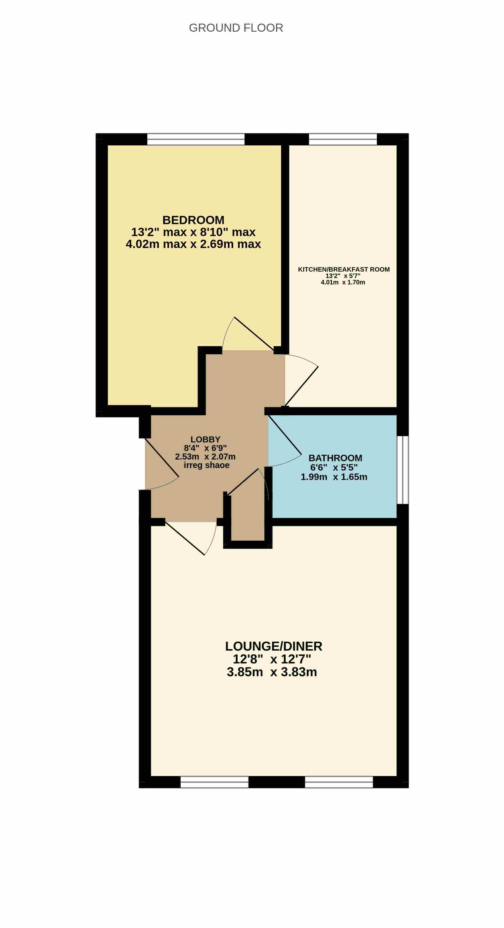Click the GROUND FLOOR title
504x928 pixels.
(236, 28)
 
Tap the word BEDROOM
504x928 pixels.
(193, 220)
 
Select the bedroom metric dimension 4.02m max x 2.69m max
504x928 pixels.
(193, 244)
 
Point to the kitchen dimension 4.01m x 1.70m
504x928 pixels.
(343, 282)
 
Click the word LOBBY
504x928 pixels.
(205, 439)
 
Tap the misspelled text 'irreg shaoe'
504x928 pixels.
(206, 465)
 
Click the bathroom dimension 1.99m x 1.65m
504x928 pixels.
(334, 477)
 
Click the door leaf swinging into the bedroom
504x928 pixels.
(254, 334)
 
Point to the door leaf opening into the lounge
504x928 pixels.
(185, 538)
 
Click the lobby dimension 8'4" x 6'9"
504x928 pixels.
(205, 448)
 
